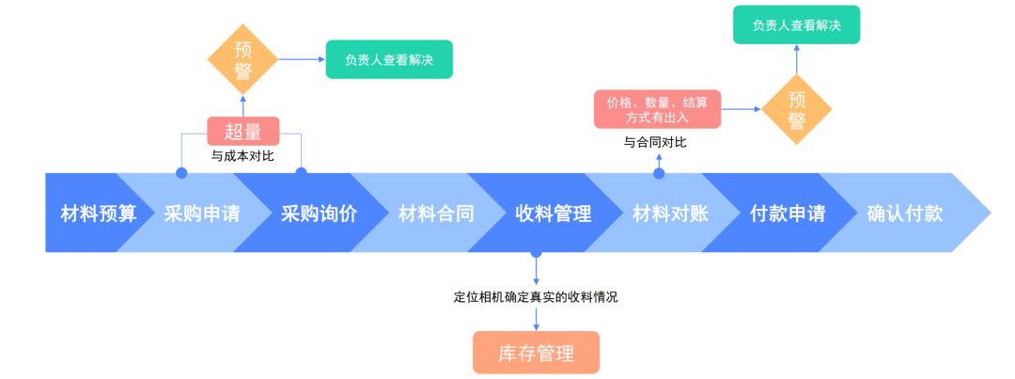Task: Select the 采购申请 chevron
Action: tap(201, 213)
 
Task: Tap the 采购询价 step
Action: tap(319, 213)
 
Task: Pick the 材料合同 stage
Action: tap(436, 213)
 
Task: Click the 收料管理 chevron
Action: tap(553, 213)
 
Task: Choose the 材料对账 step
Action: tap(670, 213)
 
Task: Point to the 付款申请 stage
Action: tap(788, 213)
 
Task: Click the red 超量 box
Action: tap(242, 131)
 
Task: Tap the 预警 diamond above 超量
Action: tap(242, 59)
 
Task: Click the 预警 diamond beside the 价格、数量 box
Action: tap(797, 109)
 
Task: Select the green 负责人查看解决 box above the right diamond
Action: tap(796, 25)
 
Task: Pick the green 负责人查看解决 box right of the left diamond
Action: tap(389, 59)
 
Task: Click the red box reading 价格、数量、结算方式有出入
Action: tap(657, 109)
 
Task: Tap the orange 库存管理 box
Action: tap(535, 353)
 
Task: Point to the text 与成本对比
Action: tap(242, 156)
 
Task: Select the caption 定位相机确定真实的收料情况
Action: tap(536, 297)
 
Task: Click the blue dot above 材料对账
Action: tap(659, 173)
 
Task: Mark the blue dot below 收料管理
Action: tap(536, 253)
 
